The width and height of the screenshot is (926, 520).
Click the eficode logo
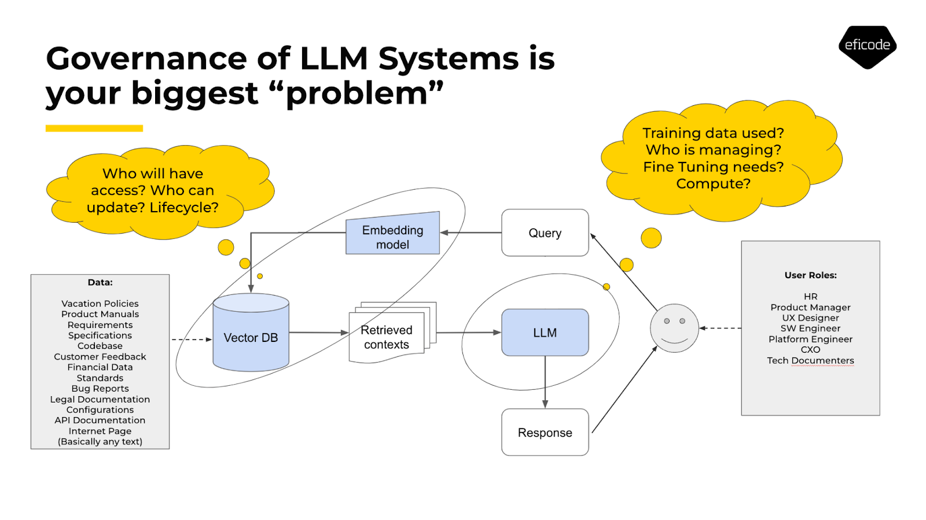[x=867, y=46]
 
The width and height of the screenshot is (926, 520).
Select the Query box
[x=545, y=233]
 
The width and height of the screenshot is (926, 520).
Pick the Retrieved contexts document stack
[x=387, y=337]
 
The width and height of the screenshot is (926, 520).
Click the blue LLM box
[x=545, y=333]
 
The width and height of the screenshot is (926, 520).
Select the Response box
[x=545, y=433]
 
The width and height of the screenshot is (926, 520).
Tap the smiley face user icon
[x=674, y=328]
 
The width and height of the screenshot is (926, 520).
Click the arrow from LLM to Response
[x=545, y=382]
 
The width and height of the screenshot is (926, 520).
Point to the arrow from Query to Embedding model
[x=471, y=233]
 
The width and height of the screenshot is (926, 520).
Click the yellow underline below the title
[x=94, y=128]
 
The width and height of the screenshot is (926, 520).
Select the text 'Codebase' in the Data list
[x=100, y=346]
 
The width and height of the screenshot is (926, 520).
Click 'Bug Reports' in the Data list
[x=100, y=389]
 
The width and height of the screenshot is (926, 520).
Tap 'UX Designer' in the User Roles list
[x=810, y=318]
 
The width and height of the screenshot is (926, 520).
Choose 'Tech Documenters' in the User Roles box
[x=810, y=360]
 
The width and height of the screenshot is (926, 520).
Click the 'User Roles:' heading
[x=810, y=275]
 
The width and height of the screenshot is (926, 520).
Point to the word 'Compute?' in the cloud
[x=713, y=184]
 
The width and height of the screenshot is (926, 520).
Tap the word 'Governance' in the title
[x=147, y=59]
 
